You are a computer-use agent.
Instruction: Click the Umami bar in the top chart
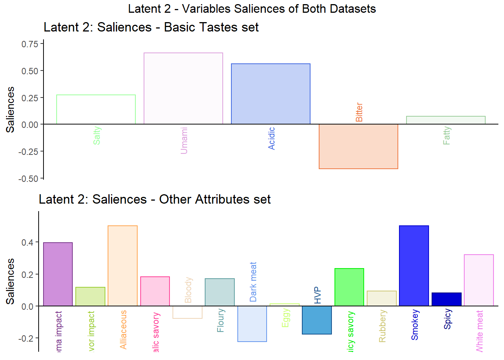(x=183, y=88)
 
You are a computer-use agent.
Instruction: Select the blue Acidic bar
(x=271, y=94)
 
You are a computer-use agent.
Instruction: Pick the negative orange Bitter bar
(x=358, y=146)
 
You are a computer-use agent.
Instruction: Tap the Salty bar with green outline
(x=96, y=109)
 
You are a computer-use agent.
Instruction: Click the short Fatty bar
(x=446, y=120)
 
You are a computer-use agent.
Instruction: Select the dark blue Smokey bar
(x=414, y=266)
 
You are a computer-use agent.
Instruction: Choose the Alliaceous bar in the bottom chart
(x=123, y=266)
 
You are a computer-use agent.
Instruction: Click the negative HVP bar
(x=317, y=320)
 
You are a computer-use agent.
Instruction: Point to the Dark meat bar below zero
(x=252, y=324)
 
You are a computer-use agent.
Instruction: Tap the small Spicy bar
(x=447, y=299)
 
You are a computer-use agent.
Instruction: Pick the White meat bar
(x=479, y=280)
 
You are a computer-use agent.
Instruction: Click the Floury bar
(x=220, y=292)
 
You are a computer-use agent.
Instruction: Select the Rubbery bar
(x=382, y=298)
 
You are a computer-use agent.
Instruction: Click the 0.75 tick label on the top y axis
(x=30, y=44)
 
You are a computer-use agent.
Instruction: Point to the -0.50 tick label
(x=28, y=179)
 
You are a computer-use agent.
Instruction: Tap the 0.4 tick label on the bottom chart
(x=27, y=243)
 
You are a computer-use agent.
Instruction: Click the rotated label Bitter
(x=359, y=112)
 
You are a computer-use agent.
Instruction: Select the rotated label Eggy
(x=286, y=318)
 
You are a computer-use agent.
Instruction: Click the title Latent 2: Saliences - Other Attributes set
(x=154, y=199)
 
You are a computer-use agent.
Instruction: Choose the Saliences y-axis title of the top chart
(x=10, y=109)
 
